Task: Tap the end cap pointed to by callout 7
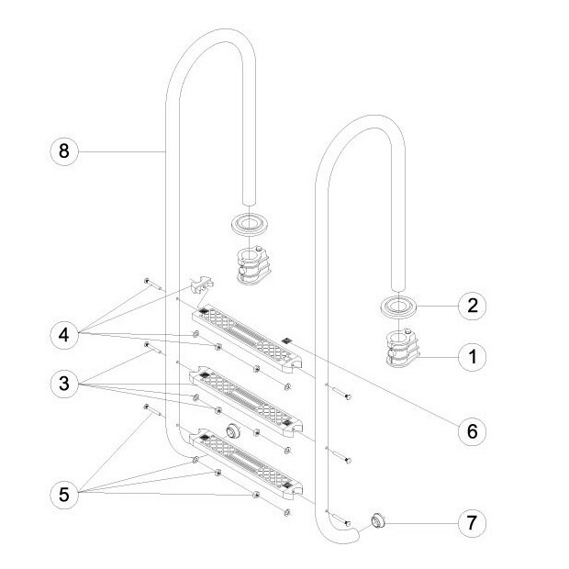pyautogui.click(x=377, y=523)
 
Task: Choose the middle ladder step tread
pyautogui.click(x=246, y=402)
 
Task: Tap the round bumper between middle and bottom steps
pyautogui.click(x=232, y=430)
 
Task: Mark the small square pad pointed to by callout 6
pyautogui.click(x=286, y=339)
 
